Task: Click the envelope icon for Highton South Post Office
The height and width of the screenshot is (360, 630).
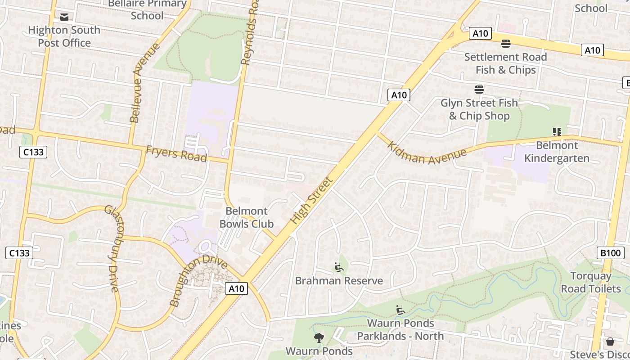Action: [64, 17]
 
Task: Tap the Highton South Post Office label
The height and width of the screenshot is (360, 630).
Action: [64, 36]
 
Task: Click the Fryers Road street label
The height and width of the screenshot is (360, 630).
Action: [176, 154]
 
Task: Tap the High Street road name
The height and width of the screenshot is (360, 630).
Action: [311, 201]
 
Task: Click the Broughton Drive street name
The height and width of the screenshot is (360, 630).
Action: [198, 280]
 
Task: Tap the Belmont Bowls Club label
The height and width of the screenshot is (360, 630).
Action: [246, 217]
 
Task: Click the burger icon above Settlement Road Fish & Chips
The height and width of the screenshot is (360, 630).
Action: [506, 44]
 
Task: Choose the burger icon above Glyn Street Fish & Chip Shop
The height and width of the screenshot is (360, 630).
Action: [479, 90]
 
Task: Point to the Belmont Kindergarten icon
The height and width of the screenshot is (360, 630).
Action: [557, 132]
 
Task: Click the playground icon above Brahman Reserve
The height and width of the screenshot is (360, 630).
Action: [339, 268]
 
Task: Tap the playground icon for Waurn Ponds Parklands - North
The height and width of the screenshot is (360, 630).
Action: [400, 310]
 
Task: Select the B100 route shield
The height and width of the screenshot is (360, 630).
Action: [611, 253]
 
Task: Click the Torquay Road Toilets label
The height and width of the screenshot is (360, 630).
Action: [590, 282]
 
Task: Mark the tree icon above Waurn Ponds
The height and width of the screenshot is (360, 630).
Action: [319, 338]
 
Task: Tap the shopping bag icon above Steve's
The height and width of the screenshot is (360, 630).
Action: [610, 342]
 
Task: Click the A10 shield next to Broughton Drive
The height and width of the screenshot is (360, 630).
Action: [236, 288]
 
